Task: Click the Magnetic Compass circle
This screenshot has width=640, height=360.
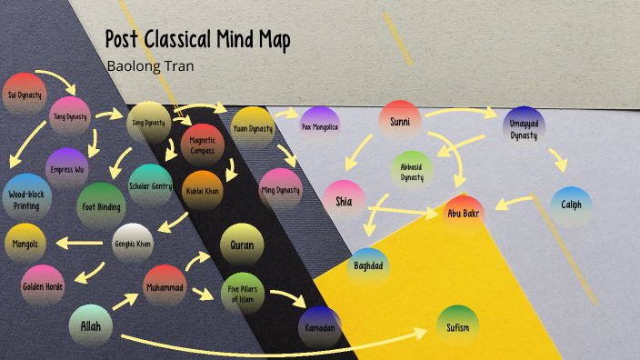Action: coord(203,144)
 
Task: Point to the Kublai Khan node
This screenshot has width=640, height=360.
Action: coord(203,191)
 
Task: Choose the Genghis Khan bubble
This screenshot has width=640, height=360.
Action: coord(133,244)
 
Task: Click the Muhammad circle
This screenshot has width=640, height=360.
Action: coord(165,287)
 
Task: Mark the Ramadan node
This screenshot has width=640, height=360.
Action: coord(319,325)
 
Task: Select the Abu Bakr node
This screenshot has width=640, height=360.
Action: coord(464,215)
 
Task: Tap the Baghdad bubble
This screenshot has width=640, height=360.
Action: coord(368,266)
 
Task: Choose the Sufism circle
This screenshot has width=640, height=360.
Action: coord(457,325)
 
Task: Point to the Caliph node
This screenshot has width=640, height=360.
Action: coord(571,205)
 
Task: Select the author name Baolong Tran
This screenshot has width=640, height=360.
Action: coord(150,65)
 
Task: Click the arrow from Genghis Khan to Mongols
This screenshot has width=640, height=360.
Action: coord(82,244)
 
